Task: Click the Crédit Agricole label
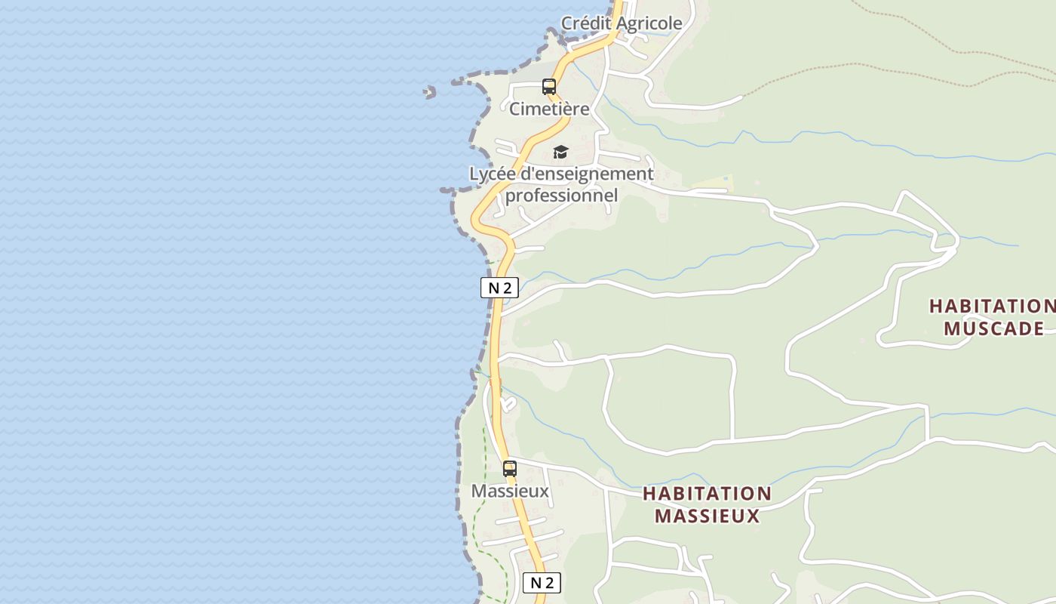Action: [x=622, y=23]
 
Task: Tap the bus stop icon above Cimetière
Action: [x=549, y=87]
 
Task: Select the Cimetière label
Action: [x=549, y=109]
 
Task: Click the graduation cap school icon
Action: [x=560, y=153]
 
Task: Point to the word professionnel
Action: [x=561, y=196]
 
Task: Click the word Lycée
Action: [x=493, y=174]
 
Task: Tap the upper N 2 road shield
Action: [x=499, y=287]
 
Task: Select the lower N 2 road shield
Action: [x=542, y=582]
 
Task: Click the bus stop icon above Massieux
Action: [x=510, y=469]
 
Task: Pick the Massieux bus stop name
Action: [x=510, y=492]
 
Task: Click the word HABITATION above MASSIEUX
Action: [x=707, y=494]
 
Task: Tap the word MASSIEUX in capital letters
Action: [x=707, y=516]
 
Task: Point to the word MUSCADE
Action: [x=993, y=328]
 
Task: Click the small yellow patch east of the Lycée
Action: [x=714, y=183]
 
